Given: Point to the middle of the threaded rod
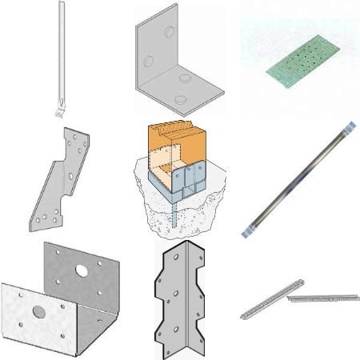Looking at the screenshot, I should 296,180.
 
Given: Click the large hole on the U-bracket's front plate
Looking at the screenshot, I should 37,310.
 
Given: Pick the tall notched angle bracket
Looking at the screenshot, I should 179,301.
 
